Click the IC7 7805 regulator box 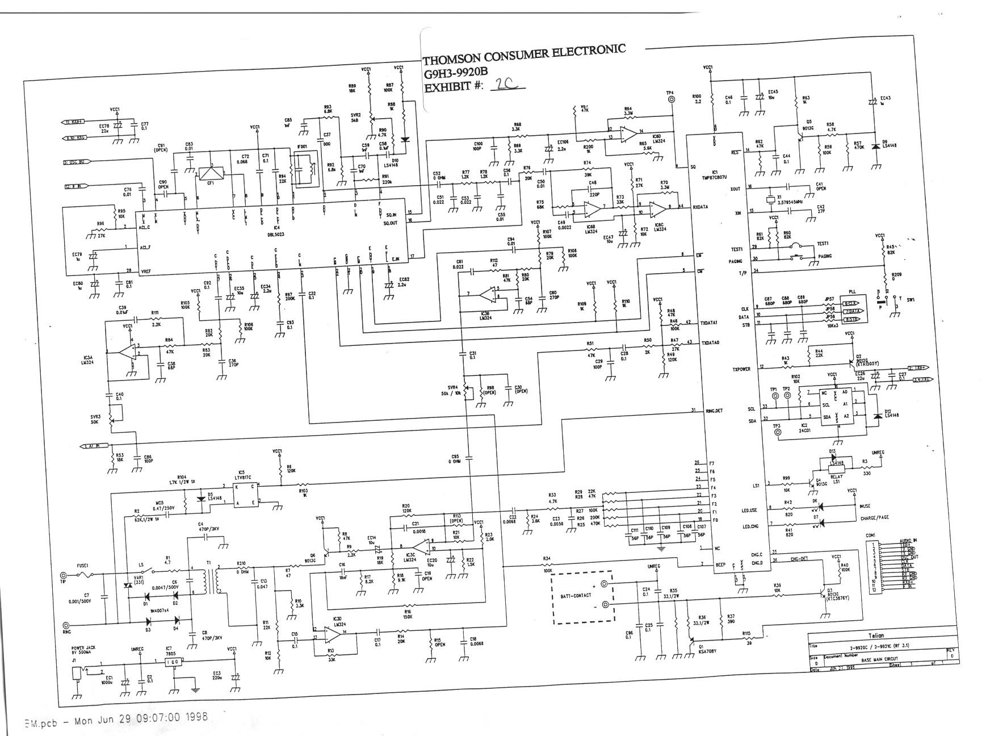click(x=173, y=663)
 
